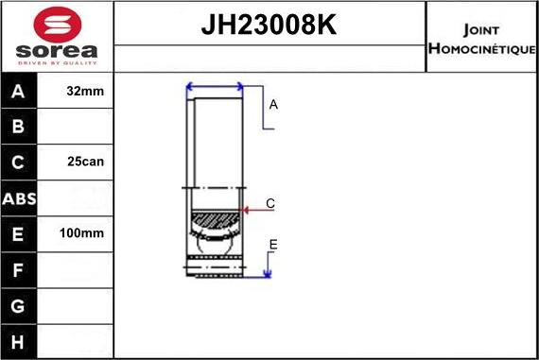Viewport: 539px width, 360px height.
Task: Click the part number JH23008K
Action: (x=269, y=26)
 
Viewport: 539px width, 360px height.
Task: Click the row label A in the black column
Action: (x=19, y=92)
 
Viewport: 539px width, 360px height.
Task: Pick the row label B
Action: (x=19, y=127)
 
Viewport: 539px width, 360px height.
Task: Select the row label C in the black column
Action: (x=19, y=162)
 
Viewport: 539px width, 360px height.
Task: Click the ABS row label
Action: (x=19, y=197)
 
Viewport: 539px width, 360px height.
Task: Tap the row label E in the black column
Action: (x=19, y=232)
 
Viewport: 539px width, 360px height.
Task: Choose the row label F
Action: (x=19, y=269)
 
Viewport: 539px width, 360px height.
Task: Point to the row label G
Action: (x=19, y=306)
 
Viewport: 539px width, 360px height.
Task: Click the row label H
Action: (x=19, y=341)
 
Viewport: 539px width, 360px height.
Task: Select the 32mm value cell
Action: (x=86, y=92)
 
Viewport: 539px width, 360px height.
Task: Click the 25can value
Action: (x=86, y=162)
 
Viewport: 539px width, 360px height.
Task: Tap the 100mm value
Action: (x=86, y=232)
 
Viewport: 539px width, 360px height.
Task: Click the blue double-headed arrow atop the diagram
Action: (x=216, y=87)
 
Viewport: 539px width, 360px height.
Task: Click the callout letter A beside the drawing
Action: (x=273, y=105)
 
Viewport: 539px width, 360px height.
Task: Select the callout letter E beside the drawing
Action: (x=272, y=246)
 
